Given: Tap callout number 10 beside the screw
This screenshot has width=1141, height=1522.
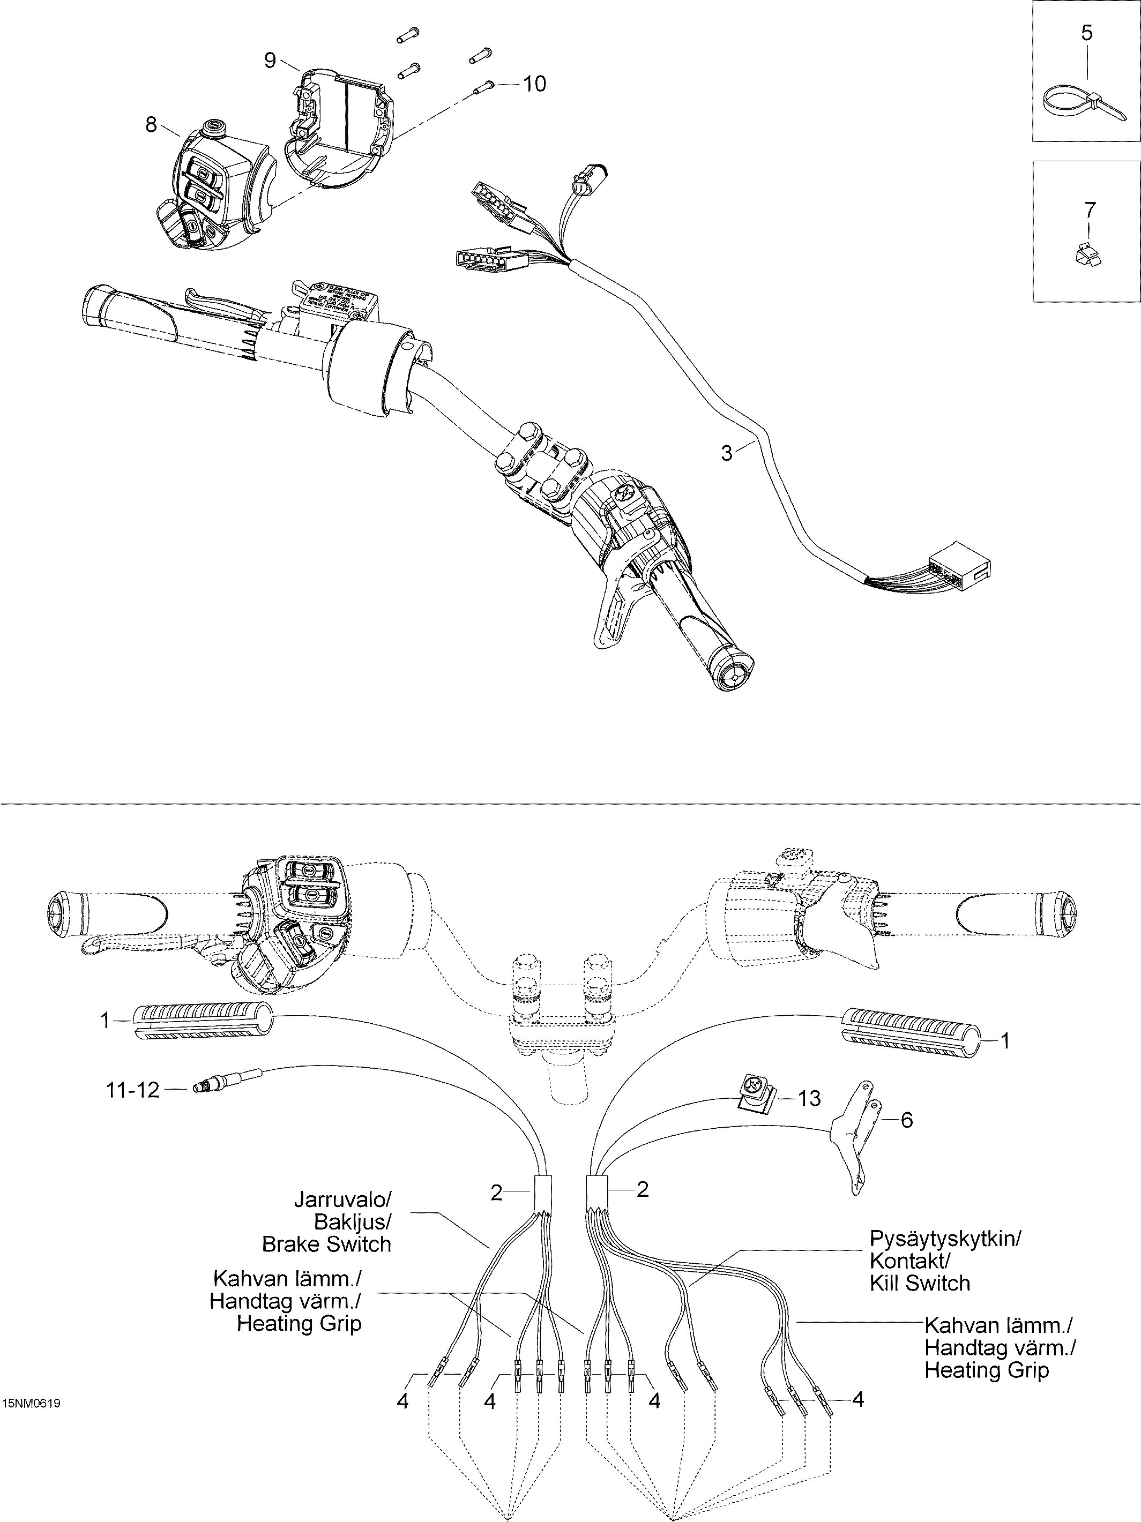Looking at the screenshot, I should pyautogui.click(x=535, y=84).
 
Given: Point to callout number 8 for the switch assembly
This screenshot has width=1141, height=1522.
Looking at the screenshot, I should pyautogui.click(x=151, y=124).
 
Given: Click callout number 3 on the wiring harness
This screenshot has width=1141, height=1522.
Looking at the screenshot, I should pyautogui.click(x=727, y=453).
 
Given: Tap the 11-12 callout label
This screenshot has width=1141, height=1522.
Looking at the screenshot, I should pyautogui.click(x=132, y=1089).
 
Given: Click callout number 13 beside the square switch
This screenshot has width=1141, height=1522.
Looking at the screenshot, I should pyautogui.click(x=810, y=1099).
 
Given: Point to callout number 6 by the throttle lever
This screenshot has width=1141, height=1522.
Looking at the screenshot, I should pyautogui.click(x=907, y=1120).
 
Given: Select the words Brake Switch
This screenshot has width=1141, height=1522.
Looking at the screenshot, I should pyautogui.click(x=326, y=1244).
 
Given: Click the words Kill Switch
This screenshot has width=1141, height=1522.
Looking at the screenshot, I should pyautogui.click(x=920, y=1283).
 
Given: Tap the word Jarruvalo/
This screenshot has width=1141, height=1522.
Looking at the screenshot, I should pyautogui.click(x=342, y=1199).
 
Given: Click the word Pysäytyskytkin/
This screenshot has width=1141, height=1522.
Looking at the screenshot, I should pyautogui.click(x=945, y=1239).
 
